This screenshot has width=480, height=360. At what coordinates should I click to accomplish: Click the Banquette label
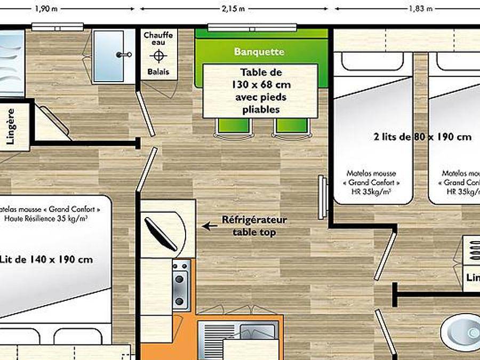(259, 52)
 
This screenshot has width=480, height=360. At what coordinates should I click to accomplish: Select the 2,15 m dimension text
(233, 9)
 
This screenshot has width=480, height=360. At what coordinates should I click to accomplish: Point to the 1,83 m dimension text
(420, 9)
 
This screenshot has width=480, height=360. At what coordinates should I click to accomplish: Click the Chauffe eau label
(158, 39)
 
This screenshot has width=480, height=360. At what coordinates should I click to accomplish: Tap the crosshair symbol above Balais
(158, 56)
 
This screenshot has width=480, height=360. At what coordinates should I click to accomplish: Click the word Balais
(158, 71)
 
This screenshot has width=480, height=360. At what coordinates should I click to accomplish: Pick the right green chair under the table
(291, 126)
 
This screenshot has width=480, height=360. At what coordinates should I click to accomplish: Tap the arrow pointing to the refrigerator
(209, 226)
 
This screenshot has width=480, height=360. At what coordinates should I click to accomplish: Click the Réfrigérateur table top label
(254, 226)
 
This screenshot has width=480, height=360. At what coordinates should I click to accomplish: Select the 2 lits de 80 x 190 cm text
(423, 137)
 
